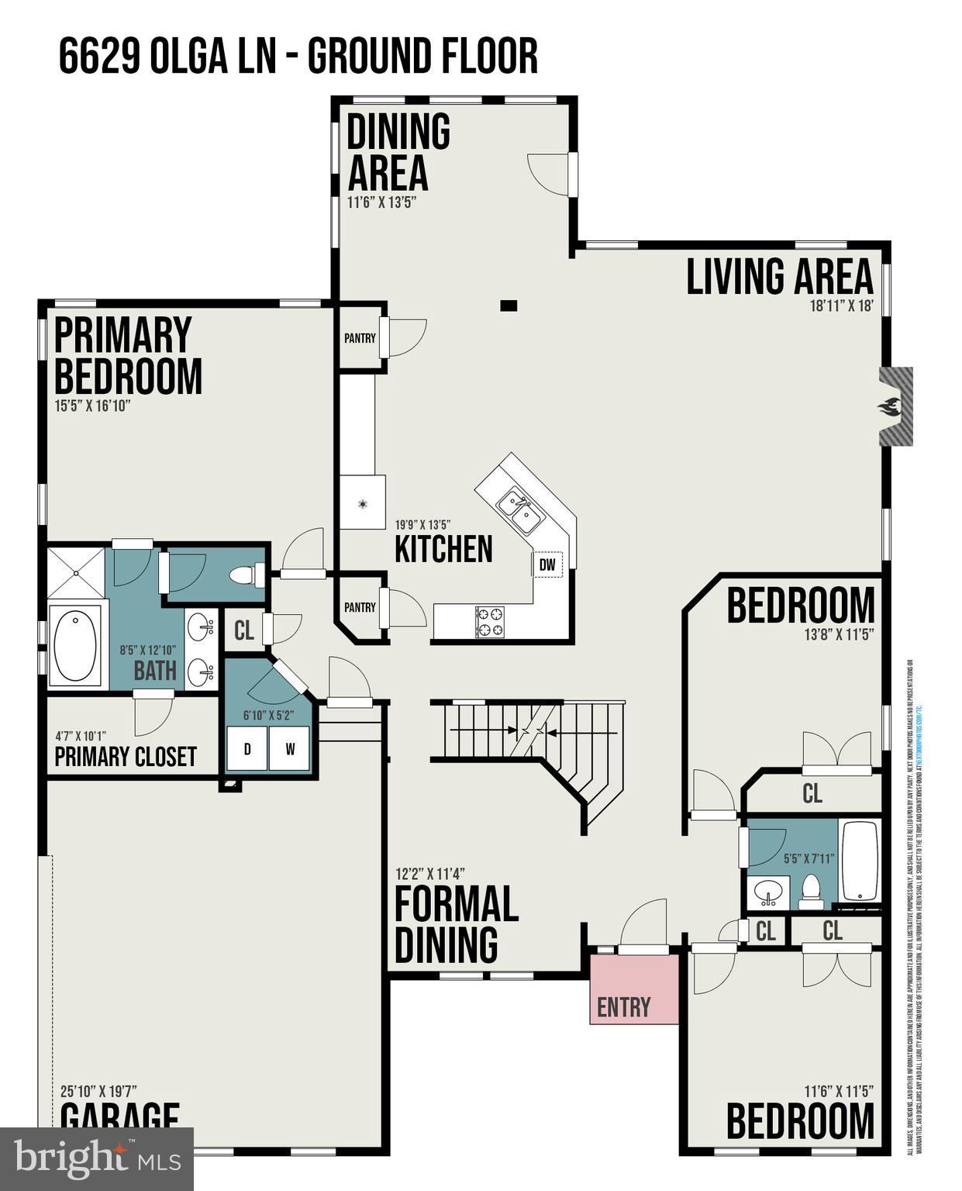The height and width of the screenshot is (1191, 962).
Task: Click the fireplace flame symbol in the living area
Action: pyautogui.click(x=890, y=406)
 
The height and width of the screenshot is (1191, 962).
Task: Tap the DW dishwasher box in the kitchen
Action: pyautogui.click(x=547, y=565)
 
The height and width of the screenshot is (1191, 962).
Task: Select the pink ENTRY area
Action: pyautogui.click(x=633, y=990)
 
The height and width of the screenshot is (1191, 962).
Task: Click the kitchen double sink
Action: pyautogui.click(x=519, y=509)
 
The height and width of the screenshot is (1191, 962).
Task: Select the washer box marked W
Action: pyautogui.click(x=290, y=749)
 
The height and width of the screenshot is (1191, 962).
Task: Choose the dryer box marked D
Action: pyautogui.click(x=247, y=749)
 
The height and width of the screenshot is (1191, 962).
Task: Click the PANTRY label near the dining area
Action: pyautogui.click(x=360, y=338)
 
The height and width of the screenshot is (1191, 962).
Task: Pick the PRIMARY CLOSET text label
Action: pyautogui.click(x=126, y=757)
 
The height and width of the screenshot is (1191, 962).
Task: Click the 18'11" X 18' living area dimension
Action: pyautogui.click(x=842, y=306)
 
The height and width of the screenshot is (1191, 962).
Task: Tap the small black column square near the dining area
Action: pyautogui.click(x=508, y=306)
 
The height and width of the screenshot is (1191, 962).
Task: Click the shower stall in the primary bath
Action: pyautogui.click(x=76, y=573)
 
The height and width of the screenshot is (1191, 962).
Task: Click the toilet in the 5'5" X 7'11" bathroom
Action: pyautogui.click(x=811, y=892)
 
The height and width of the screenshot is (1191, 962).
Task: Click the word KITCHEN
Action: pyautogui.click(x=443, y=549)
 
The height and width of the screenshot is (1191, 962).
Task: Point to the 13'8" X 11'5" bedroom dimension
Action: pyautogui.click(x=839, y=633)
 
